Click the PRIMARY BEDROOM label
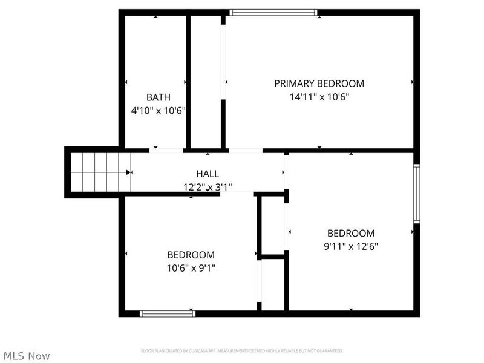tap(319, 83)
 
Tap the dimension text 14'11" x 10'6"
tap(319, 96)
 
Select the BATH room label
tap(158, 97)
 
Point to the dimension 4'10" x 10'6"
tap(158, 111)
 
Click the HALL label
tap(208, 174)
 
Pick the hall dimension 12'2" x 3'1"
tap(208, 187)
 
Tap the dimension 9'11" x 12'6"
tap(351, 246)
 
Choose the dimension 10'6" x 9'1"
tap(191, 268)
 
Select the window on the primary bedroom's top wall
tap(273, 12)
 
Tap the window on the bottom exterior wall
tap(168, 313)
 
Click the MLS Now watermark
tap(26, 356)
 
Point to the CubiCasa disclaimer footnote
tap(242, 351)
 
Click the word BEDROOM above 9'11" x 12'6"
tap(351, 233)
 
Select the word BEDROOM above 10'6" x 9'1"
tap(191, 255)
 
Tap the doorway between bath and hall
tap(166, 150)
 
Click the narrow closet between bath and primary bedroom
tap(206, 82)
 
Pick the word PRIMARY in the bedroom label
tap(294, 83)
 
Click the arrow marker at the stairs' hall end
tap(129, 172)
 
